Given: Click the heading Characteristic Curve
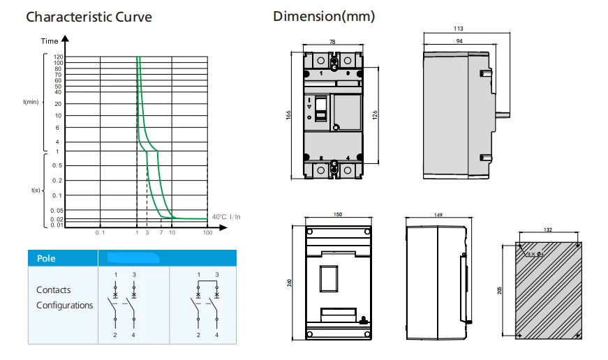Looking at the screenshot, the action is [x=89, y=17].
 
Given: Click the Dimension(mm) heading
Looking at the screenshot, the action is [x=324, y=16].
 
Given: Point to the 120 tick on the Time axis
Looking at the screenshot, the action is [x=58, y=57].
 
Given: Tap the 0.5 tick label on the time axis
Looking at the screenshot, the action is [x=57, y=165].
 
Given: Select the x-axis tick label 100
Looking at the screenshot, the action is [x=207, y=232].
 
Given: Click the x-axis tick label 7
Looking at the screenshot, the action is [x=161, y=232].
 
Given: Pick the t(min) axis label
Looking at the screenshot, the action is [x=31, y=102].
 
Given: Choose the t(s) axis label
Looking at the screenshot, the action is [x=36, y=190].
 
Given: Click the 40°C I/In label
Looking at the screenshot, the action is [x=226, y=217].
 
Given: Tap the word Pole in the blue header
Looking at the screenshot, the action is [x=46, y=258].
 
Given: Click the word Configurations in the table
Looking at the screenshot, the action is [x=65, y=306].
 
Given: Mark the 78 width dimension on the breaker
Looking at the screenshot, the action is [x=332, y=42].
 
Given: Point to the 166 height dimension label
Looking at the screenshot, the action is [x=288, y=115].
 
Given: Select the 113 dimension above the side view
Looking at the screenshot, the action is [x=459, y=29].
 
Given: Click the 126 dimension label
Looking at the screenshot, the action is [x=375, y=115].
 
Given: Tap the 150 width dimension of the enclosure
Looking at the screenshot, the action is [x=338, y=214].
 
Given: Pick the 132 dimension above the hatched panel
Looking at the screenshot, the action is [x=547, y=230].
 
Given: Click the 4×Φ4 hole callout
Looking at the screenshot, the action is [x=535, y=254].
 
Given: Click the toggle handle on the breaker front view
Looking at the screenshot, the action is [x=320, y=109].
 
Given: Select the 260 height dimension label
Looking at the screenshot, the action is [x=290, y=283].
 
